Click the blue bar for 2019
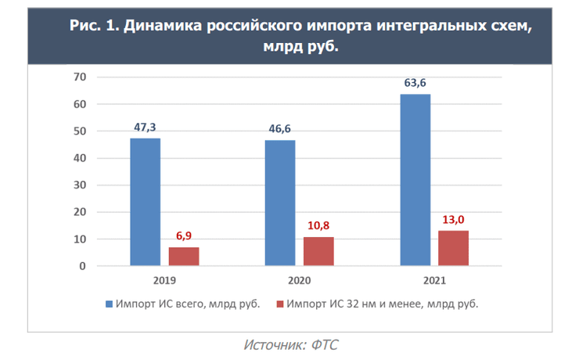[x=145, y=202]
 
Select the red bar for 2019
[x=184, y=257]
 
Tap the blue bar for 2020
[x=280, y=203]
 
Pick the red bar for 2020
[x=318, y=251]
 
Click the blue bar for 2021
[x=415, y=180]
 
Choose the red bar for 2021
[x=453, y=248]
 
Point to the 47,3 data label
[x=145, y=128]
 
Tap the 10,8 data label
[x=318, y=226]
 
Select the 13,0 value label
[x=453, y=220]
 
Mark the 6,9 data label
[x=184, y=236]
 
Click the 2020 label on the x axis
[x=299, y=279]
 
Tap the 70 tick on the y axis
[x=78, y=77]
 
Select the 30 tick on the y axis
[x=78, y=185]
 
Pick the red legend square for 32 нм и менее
[x=279, y=304]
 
